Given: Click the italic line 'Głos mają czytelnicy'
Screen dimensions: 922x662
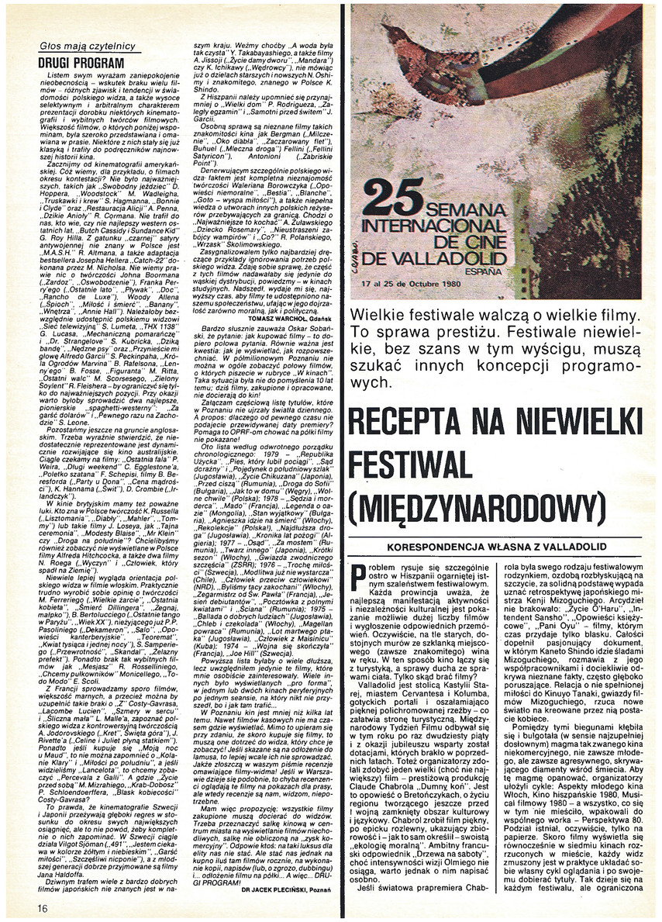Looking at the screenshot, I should pos(87,46).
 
